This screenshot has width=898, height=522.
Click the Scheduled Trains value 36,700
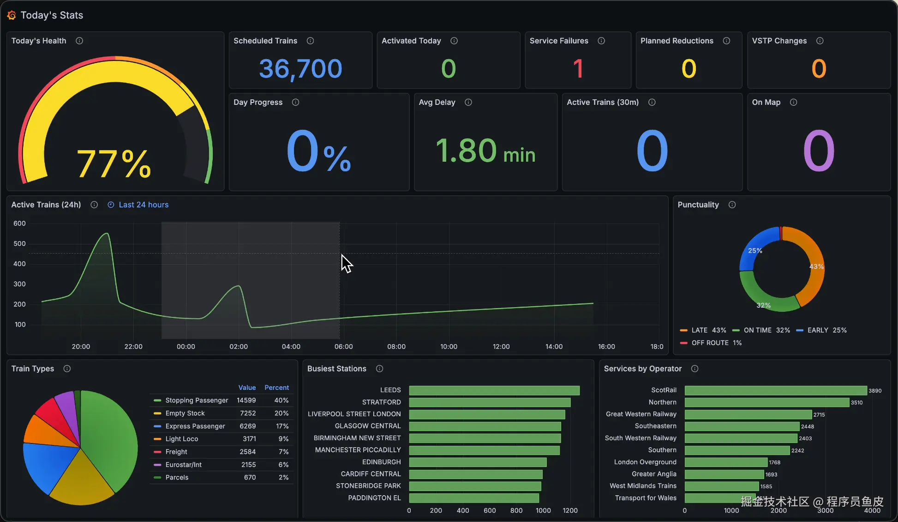(300, 69)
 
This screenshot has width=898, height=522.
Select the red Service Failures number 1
(578, 69)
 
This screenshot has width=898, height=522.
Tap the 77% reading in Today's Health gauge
(114, 164)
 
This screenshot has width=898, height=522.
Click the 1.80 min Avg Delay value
(485, 151)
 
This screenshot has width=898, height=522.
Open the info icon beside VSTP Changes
(820, 41)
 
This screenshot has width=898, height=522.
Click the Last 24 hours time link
(144, 205)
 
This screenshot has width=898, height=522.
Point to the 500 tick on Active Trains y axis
(19, 243)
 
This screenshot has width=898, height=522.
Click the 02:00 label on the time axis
(239, 346)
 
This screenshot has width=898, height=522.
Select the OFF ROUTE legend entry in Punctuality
(710, 343)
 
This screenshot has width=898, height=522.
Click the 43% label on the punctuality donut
(816, 267)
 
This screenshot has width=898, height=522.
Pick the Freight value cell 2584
(247, 452)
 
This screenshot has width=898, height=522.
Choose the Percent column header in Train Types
(276, 388)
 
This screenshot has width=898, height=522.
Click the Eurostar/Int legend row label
(183, 465)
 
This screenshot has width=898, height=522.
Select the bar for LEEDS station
(494, 390)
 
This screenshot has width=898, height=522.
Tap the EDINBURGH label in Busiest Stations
(381, 462)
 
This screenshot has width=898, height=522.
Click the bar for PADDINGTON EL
(473, 498)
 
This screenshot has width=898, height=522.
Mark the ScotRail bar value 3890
(875, 391)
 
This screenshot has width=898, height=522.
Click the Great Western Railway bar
(748, 414)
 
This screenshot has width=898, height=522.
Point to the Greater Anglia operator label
(654, 474)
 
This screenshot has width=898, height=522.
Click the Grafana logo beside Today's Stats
(12, 15)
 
